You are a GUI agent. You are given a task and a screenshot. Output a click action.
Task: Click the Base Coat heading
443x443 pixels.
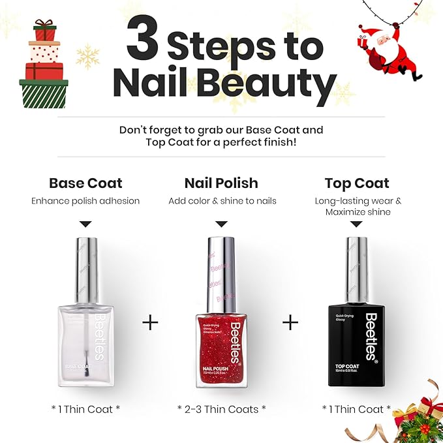coord(85,183)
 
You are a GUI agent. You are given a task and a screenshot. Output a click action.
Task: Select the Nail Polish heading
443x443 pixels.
coord(221,183)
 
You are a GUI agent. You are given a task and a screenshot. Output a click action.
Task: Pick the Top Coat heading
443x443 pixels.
coord(357,183)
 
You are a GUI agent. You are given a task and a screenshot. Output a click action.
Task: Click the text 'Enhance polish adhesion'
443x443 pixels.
coord(85,201)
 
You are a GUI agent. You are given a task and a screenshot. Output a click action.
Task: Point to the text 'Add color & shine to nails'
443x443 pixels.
coord(222,201)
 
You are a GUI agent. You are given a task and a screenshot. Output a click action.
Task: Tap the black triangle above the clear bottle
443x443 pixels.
coord(85,224)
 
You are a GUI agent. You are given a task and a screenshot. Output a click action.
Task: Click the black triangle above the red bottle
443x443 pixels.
coord(221,224)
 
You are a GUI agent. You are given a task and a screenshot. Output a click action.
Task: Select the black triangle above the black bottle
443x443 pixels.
coord(356,224)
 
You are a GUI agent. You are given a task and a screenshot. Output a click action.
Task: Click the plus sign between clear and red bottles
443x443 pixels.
coord(150,322)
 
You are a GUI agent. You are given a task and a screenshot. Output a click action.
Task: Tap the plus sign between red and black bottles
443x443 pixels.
coord(290,322)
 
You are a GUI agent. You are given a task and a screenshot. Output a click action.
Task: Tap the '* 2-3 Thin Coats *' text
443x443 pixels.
coord(221,409)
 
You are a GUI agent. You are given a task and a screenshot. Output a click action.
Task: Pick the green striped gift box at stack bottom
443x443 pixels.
coord(44,93)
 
